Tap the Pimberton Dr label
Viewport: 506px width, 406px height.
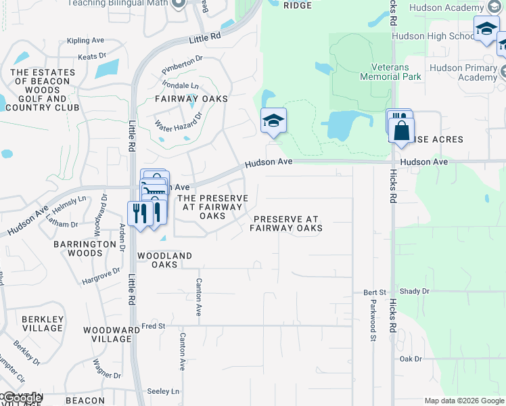pyautogui.click(x=182, y=66)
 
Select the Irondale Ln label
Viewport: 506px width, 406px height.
pyautogui.click(x=181, y=86)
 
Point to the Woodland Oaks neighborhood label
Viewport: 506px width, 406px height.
pyautogui.click(x=164, y=260)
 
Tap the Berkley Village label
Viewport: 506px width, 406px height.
pyautogui.click(x=42, y=323)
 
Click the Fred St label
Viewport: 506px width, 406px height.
pyautogui.click(x=153, y=326)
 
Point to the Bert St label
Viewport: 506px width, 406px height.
pyautogui.click(x=374, y=292)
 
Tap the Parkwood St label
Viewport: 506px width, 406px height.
pyautogui.click(x=373, y=317)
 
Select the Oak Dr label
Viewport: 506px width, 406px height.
pyautogui.click(x=411, y=359)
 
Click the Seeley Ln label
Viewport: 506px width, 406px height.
pyautogui.click(x=164, y=391)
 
